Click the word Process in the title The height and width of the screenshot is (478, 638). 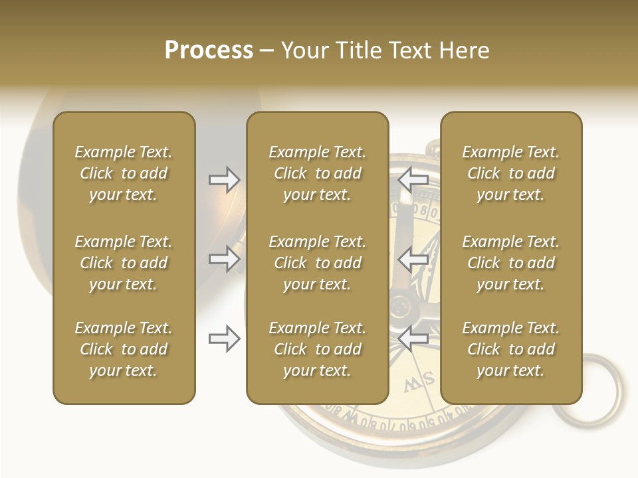click(209, 50)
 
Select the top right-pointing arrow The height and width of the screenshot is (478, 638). click(224, 180)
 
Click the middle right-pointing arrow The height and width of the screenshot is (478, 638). click(224, 259)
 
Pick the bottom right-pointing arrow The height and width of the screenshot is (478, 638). click(224, 339)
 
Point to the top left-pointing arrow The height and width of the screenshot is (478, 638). click(413, 180)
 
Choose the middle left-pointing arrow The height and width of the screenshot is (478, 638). click(413, 259)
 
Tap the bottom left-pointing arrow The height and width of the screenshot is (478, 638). click(413, 339)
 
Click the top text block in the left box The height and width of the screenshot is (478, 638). click(124, 173)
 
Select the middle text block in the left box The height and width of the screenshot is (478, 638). click(124, 263)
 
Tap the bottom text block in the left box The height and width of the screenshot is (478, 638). click(124, 349)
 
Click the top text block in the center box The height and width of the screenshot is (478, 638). click(317, 173)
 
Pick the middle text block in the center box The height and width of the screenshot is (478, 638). click(317, 263)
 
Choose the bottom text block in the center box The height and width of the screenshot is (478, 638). click(317, 349)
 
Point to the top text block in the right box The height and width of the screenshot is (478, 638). click(510, 173)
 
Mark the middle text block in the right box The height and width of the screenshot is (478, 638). click(510, 263)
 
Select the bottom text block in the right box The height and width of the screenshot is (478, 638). click(510, 349)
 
